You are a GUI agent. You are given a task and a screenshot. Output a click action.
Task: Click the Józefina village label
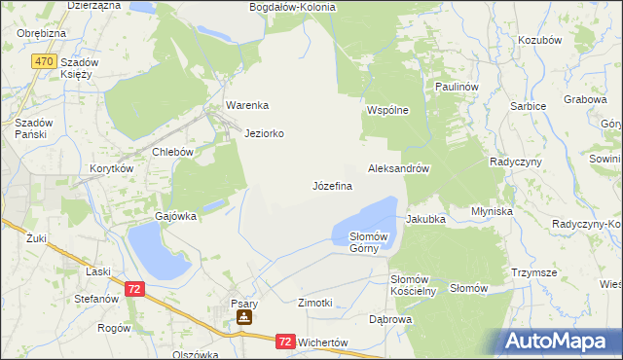(x=332, y=185)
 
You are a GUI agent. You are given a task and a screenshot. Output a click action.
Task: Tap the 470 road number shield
(x=42, y=60)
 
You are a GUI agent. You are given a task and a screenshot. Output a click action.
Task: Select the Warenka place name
(x=246, y=105)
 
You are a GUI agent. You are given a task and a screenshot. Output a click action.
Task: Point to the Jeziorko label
(x=265, y=133)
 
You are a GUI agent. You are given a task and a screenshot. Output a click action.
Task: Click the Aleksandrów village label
(x=399, y=168)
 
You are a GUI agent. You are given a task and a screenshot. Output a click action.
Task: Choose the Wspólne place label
(x=387, y=111)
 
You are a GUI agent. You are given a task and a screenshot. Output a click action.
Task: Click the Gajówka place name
(x=176, y=216)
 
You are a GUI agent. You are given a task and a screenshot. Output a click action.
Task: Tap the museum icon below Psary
(x=243, y=317)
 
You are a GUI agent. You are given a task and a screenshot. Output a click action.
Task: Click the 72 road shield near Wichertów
(x=284, y=342)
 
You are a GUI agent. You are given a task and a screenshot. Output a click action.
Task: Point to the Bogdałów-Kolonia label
(x=292, y=7)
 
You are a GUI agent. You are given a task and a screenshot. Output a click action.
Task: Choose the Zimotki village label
(x=315, y=303)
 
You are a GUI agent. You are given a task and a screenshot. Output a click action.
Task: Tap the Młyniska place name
(x=492, y=210)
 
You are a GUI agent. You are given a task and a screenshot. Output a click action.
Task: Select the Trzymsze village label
(x=534, y=273)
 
